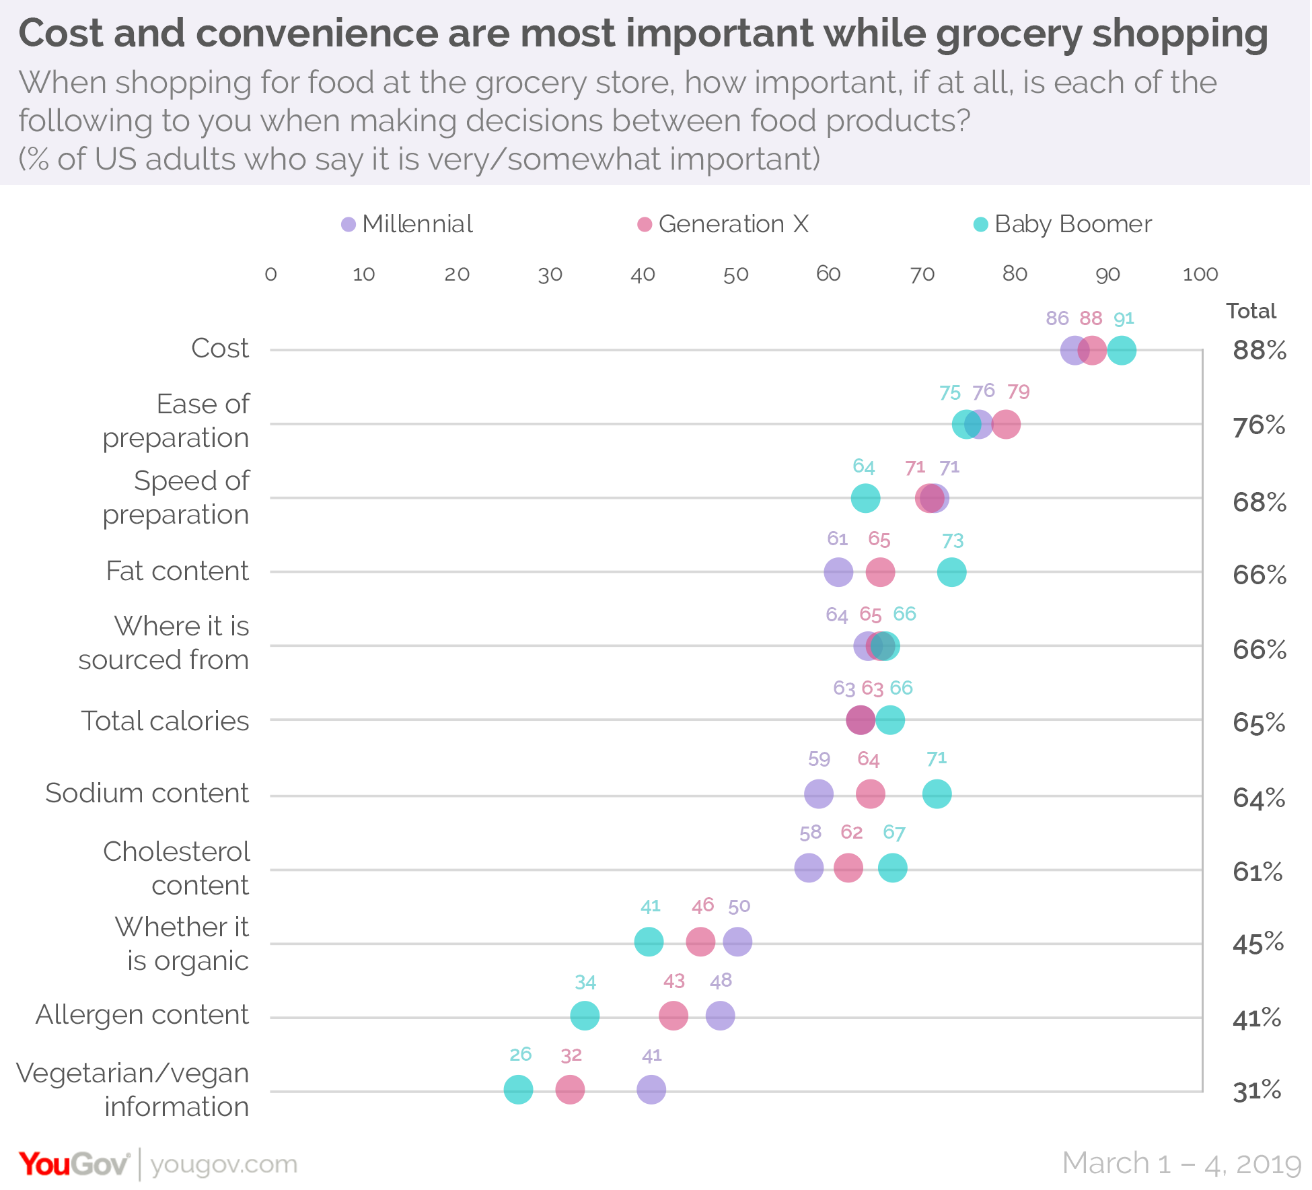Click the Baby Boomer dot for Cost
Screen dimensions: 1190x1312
click(x=1122, y=351)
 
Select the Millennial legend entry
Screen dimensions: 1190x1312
click(x=407, y=224)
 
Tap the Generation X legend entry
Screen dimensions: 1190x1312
click(x=723, y=224)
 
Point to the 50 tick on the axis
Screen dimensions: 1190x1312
click(x=735, y=275)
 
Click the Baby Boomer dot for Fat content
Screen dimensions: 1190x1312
click(x=951, y=572)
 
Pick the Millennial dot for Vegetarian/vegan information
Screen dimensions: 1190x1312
click(x=651, y=1089)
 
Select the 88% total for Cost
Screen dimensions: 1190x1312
click(x=1259, y=351)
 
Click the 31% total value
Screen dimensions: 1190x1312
click(x=1257, y=1090)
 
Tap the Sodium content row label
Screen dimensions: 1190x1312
click(x=147, y=793)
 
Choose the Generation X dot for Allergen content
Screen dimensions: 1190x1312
click(x=673, y=1015)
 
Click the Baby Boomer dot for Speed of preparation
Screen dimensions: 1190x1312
click(x=865, y=499)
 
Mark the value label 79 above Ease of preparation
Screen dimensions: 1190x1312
click(x=1018, y=392)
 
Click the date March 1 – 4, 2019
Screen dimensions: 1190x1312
click(x=1181, y=1164)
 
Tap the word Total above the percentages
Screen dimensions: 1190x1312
click(x=1251, y=311)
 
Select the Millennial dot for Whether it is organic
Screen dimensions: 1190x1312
click(x=737, y=941)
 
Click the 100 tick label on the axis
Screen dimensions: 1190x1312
click(x=1200, y=275)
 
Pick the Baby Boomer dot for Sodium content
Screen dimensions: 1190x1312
click(x=937, y=794)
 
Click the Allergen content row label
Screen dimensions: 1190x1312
click(x=142, y=1014)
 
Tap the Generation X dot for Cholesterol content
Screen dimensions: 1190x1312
click(x=848, y=868)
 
